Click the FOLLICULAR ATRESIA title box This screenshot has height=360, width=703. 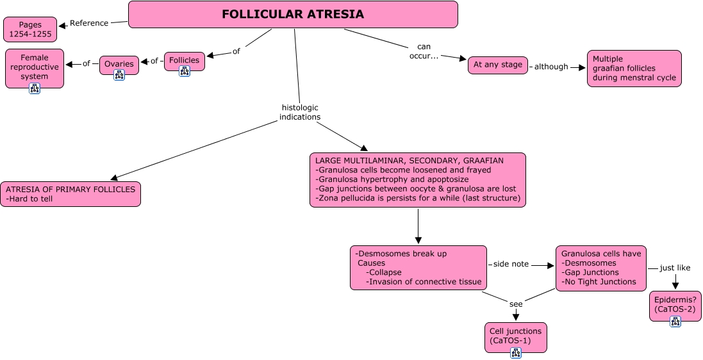(x=293, y=14)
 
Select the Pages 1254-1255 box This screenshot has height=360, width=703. (x=30, y=29)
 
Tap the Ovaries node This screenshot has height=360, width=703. (x=119, y=63)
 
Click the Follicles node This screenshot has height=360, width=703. (x=184, y=60)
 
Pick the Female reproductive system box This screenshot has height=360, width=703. (x=35, y=67)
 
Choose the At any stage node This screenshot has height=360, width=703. (x=498, y=65)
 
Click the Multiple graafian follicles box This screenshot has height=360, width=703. (x=634, y=69)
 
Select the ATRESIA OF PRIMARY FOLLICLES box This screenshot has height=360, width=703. (x=70, y=194)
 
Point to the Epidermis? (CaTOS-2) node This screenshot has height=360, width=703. (x=675, y=304)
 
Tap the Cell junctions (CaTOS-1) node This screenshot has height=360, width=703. (x=516, y=336)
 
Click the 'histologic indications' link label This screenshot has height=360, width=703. (x=300, y=112)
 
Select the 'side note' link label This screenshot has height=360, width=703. (x=511, y=265)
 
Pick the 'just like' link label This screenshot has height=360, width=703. (x=675, y=268)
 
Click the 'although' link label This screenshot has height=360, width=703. (x=551, y=66)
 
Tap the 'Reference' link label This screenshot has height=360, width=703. (x=89, y=23)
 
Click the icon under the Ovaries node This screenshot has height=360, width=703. (x=119, y=75)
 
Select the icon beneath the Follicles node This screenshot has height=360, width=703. (x=185, y=71)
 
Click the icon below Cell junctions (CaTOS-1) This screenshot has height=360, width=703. (x=516, y=353)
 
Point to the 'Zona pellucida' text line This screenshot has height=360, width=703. (x=418, y=197)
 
